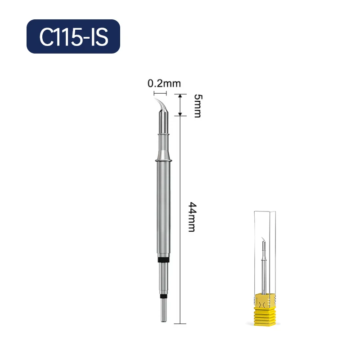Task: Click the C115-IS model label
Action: (73, 37)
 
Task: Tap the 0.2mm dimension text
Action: (164, 83)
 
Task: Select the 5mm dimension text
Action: (198, 106)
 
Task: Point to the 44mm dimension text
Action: (193, 217)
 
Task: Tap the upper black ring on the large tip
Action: (164, 260)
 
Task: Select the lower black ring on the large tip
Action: (164, 297)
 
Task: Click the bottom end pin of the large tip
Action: (164, 310)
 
